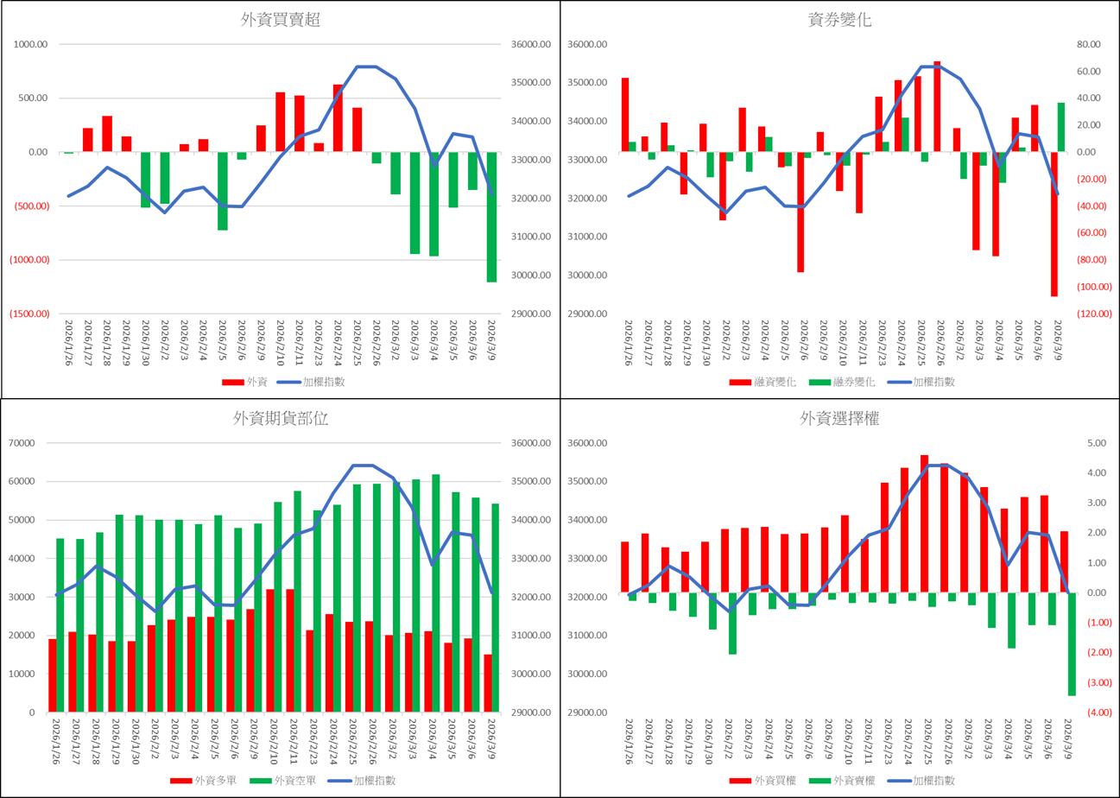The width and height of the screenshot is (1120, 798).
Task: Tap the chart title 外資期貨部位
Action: (x=281, y=420)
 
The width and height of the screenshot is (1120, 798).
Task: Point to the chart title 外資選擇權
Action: (x=839, y=420)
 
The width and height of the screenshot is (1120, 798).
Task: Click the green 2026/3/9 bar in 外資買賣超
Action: (x=492, y=217)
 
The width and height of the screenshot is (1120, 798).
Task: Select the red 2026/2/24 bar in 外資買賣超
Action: (x=339, y=117)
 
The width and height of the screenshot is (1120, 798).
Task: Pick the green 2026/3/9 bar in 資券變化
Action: (x=1061, y=127)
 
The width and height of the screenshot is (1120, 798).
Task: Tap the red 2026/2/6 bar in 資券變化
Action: (x=800, y=212)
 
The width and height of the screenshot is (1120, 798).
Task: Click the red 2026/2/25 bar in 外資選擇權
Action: (x=924, y=523)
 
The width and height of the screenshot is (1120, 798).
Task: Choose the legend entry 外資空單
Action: (x=275, y=781)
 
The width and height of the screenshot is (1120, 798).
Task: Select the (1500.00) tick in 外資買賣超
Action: (x=29, y=314)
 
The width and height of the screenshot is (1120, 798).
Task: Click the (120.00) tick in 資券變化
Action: (x=1087, y=314)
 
